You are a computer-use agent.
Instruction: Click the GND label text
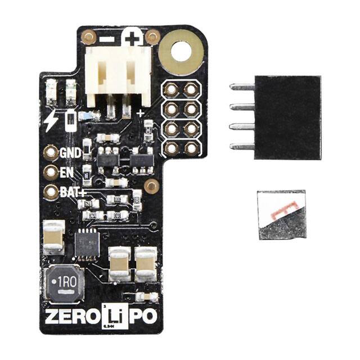click(70, 152)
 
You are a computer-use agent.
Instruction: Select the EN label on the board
click(66, 172)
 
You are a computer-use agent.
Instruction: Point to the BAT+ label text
click(72, 192)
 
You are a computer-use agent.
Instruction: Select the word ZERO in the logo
click(70, 316)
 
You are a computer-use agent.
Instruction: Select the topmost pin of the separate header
click(242, 87)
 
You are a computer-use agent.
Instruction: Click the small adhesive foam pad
click(282, 214)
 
